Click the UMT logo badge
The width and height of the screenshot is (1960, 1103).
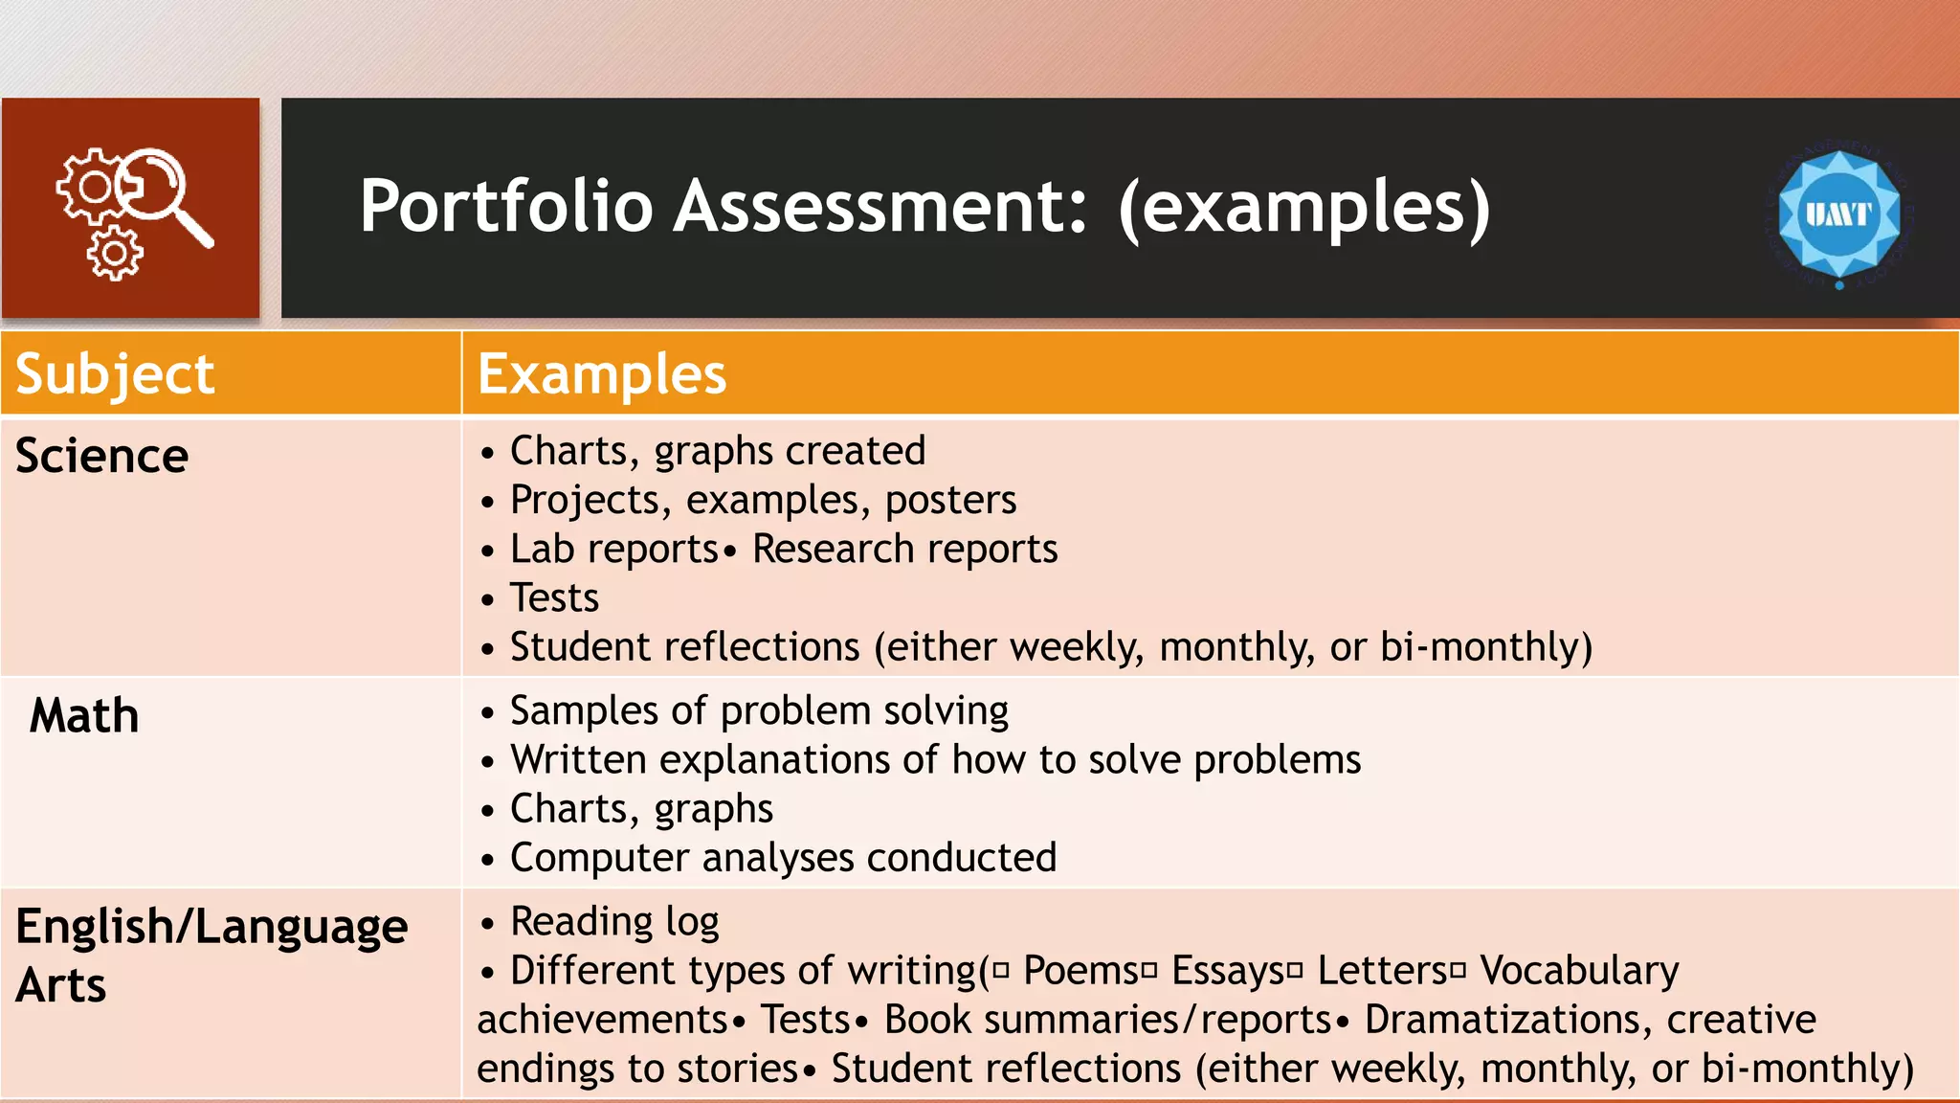tap(1838, 214)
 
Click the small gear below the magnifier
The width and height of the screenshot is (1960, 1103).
tap(115, 254)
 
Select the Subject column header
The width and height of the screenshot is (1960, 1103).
tap(115, 373)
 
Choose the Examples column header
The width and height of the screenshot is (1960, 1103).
tap(602, 373)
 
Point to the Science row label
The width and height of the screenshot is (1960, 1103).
tap(101, 456)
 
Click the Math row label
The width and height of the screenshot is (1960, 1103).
tap(84, 716)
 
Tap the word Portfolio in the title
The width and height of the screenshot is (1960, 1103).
tap(505, 207)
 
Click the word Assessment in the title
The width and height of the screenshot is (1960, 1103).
tap(880, 207)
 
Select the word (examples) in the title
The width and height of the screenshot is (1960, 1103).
tap(1304, 207)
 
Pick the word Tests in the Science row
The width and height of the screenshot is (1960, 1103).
tap(554, 598)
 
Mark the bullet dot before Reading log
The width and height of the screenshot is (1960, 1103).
tap(488, 924)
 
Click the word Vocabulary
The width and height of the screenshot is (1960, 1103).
tap(1579, 971)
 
